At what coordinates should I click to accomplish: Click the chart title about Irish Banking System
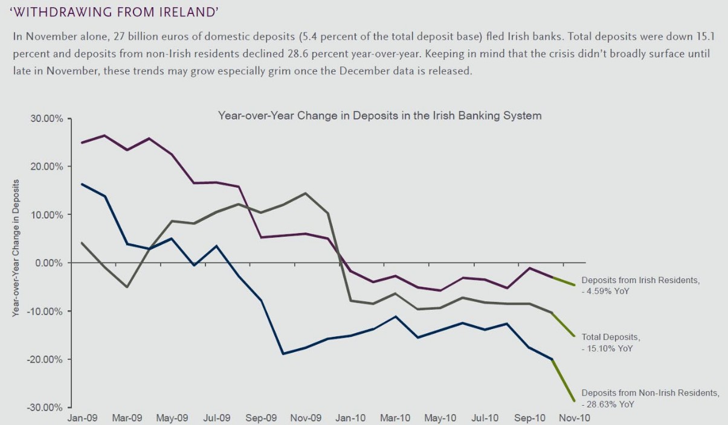(x=379, y=115)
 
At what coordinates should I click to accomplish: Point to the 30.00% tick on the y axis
(x=46, y=119)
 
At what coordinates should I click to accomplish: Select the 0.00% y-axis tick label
(x=48, y=263)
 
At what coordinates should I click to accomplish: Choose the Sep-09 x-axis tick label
(x=262, y=417)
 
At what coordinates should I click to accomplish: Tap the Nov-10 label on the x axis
(x=575, y=417)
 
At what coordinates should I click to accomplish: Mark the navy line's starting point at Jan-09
(x=82, y=184)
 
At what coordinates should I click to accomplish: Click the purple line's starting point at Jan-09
(x=82, y=142)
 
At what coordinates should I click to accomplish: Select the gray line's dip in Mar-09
(x=127, y=287)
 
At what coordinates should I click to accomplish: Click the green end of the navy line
(x=574, y=400)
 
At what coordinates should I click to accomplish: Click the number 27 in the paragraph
(x=120, y=36)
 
